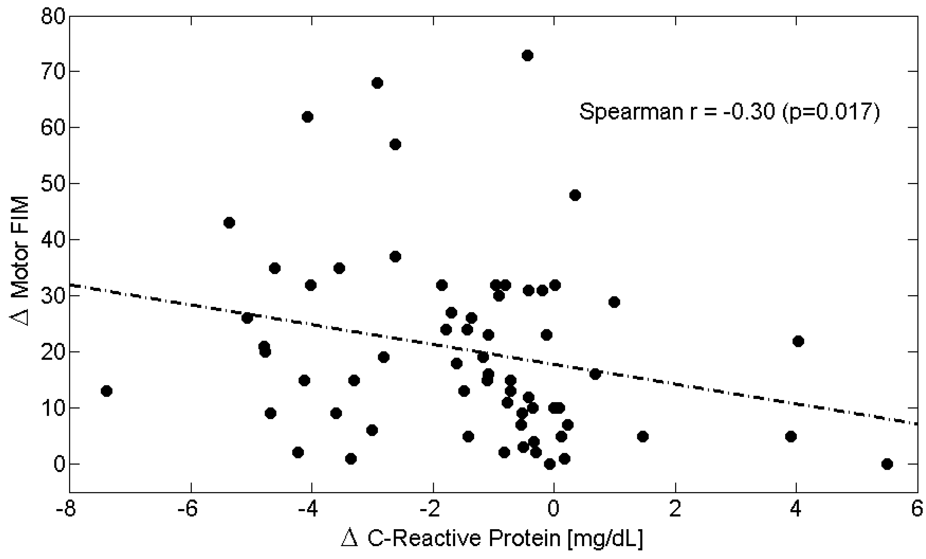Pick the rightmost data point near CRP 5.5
pos(887,464)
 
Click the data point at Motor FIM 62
pos(308,117)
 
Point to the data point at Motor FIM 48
pos(575,195)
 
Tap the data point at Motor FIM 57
pos(395,144)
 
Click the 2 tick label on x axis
pos(675,509)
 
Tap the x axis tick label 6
pos(917,509)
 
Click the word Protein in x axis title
pos(524,538)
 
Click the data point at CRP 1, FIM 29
pos(614,302)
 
